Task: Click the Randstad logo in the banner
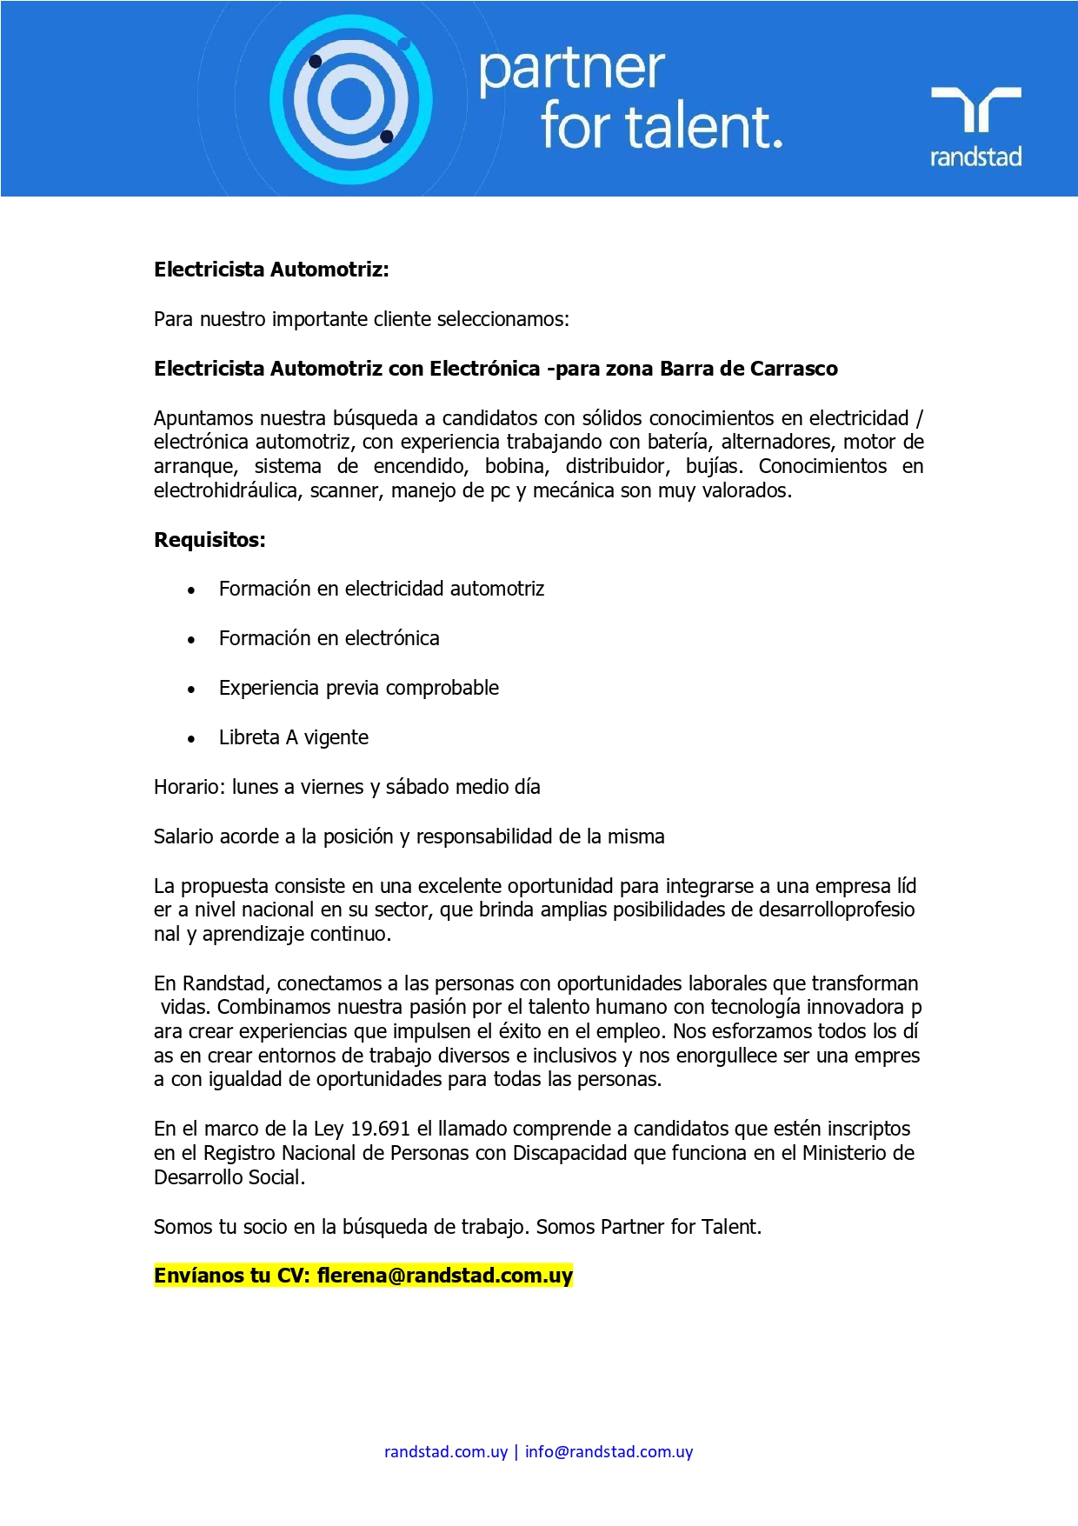pos(975,125)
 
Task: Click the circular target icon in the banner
pos(350,100)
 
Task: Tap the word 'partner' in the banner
pos(571,70)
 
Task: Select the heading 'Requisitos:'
pos(210,540)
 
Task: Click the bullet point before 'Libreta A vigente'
pos(191,739)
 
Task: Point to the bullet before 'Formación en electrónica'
pos(191,640)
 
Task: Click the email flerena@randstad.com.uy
pos(444,1276)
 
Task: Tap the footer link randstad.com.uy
pos(445,1451)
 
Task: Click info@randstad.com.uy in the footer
pos(609,1451)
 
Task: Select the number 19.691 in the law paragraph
pos(380,1129)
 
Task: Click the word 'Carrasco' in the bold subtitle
pos(793,369)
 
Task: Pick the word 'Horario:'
pos(190,787)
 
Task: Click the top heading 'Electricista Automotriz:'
pos(271,270)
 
